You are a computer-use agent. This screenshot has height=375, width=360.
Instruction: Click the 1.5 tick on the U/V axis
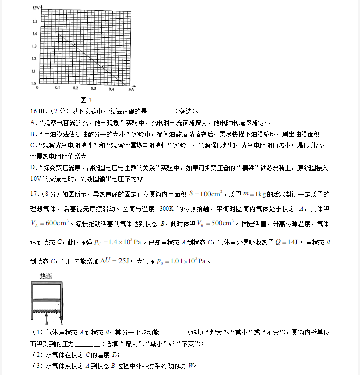(34, 21)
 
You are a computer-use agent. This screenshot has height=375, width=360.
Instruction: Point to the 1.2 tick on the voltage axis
(34, 58)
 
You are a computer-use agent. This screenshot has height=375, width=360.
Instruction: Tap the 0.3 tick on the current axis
(93, 89)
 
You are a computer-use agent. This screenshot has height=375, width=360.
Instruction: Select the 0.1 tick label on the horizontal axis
(57, 89)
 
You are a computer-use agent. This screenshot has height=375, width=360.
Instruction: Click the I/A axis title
(131, 89)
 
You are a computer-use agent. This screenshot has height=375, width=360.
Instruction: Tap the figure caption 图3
(86, 100)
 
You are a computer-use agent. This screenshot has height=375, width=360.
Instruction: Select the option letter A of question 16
(32, 122)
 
